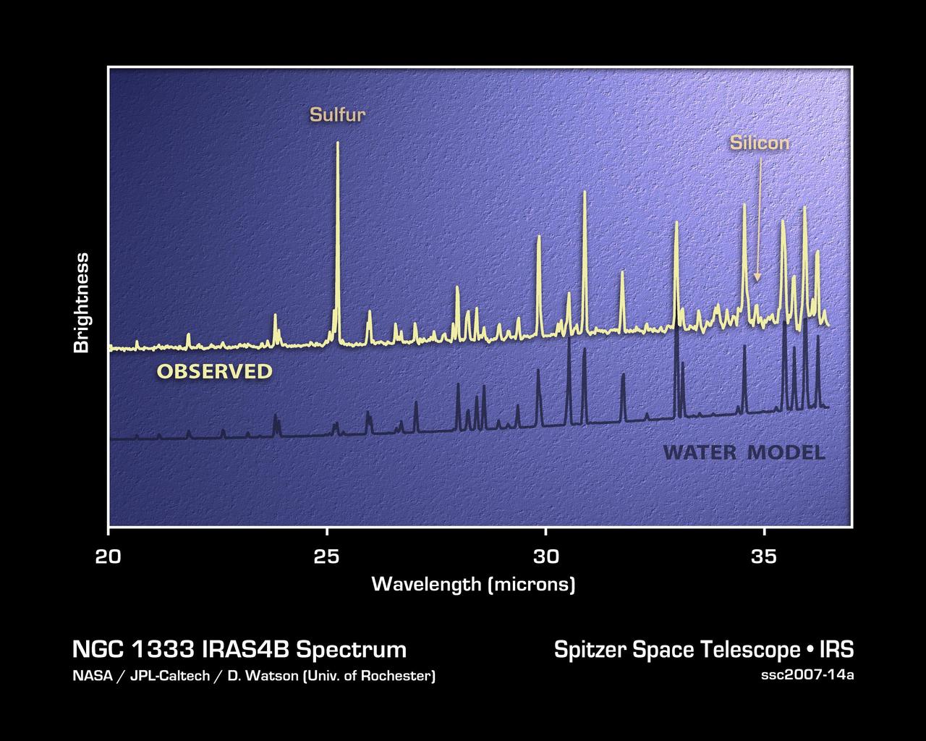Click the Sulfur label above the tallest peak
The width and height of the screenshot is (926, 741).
click(x=337, y=114)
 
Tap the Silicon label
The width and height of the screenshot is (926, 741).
click(x=759, y=143)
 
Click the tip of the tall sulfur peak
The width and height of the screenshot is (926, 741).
click(x=337, y=143)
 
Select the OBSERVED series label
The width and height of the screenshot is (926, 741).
click(x=215, y=371)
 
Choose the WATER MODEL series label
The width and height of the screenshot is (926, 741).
click(x=744, y=453)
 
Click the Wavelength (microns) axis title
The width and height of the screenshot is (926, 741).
click(x=473, y=584)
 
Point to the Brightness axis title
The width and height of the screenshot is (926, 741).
click(x=81, y=302)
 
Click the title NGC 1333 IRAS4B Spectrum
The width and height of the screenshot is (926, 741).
click(x=239, y=649)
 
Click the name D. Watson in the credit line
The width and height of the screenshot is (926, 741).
click(x=271, y=677)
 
